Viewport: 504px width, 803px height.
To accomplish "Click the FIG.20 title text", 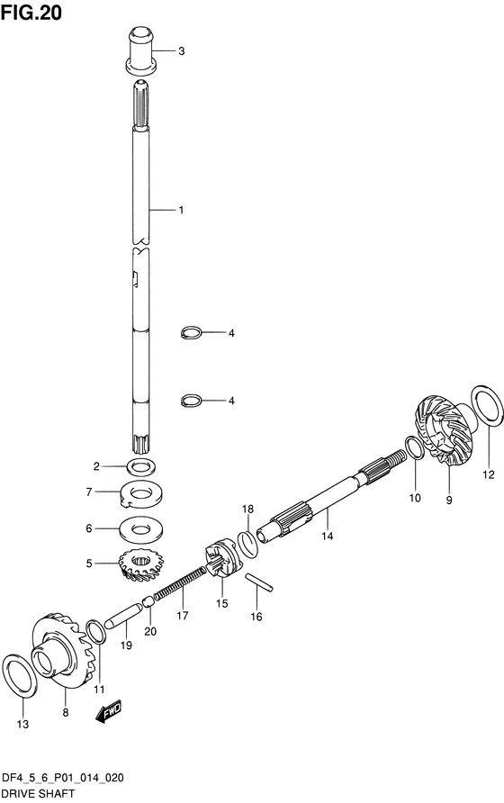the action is coord(31,13).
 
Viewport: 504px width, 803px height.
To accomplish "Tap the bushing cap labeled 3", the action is coord(141,50).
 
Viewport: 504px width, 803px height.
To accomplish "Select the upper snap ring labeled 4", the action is coord(192,332).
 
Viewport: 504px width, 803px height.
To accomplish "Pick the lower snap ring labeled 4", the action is coord(192,401).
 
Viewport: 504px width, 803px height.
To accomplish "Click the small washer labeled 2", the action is coord(141,466).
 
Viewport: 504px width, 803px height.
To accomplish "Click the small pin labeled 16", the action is coord(258,582).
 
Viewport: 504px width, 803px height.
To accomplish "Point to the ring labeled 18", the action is coord(247,544).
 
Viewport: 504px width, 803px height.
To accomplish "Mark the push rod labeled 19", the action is coord(123,615).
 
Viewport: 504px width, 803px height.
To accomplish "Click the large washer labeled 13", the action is coord(21,675).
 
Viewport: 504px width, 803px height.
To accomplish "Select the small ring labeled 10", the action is coord(414,447).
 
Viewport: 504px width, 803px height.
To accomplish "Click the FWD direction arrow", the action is coord(109,711).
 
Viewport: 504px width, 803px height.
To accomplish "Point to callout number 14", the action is coord(328,536).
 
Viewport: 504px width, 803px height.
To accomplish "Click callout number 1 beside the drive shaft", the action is coord(181,210).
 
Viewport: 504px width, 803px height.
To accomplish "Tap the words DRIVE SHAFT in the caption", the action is coord(38,794).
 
